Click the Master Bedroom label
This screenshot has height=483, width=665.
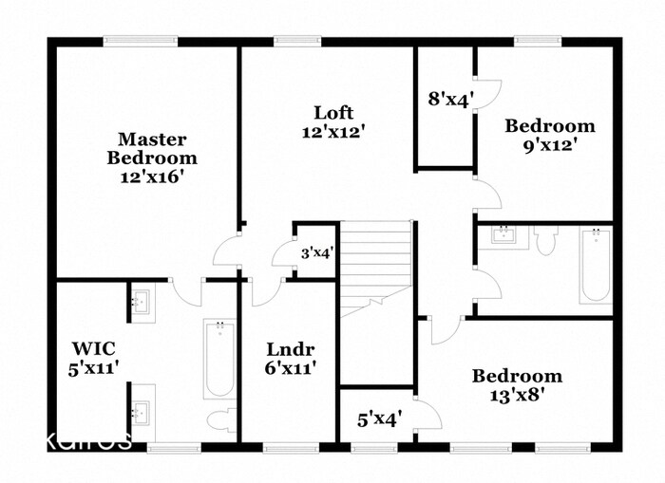point(152,149)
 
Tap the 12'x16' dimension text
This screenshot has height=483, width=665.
point(152,176)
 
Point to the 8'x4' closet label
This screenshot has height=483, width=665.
point(446,100)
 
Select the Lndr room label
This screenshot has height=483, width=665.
point(291,348)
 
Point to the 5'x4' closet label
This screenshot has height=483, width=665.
point(379,416)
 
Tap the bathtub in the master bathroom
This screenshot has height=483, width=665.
point(218,361)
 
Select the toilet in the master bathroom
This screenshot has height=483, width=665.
point(222,419)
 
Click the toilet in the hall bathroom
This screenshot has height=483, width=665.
point(545,241)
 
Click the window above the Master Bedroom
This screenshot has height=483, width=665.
point(140,40)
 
